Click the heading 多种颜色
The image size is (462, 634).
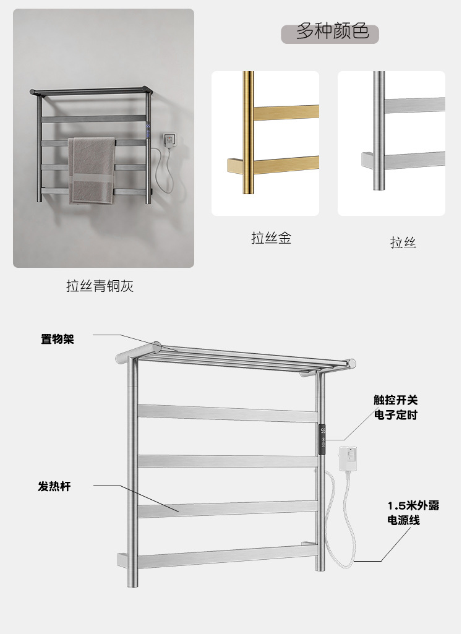coord(332,32)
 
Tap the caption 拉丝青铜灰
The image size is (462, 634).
coord(100,286)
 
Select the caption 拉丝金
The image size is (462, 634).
coord(271,238)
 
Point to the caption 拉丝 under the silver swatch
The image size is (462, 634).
coord(403,242)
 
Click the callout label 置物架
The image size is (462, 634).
coord(58,338)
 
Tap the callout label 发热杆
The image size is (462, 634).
coord(54,486)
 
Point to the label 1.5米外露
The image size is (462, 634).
coord(413,505)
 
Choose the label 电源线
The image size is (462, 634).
coord(403,520)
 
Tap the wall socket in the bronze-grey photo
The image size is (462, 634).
coord(169,140)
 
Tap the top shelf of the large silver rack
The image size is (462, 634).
coord(241,358)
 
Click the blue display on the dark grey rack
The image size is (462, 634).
coord(148,131)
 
